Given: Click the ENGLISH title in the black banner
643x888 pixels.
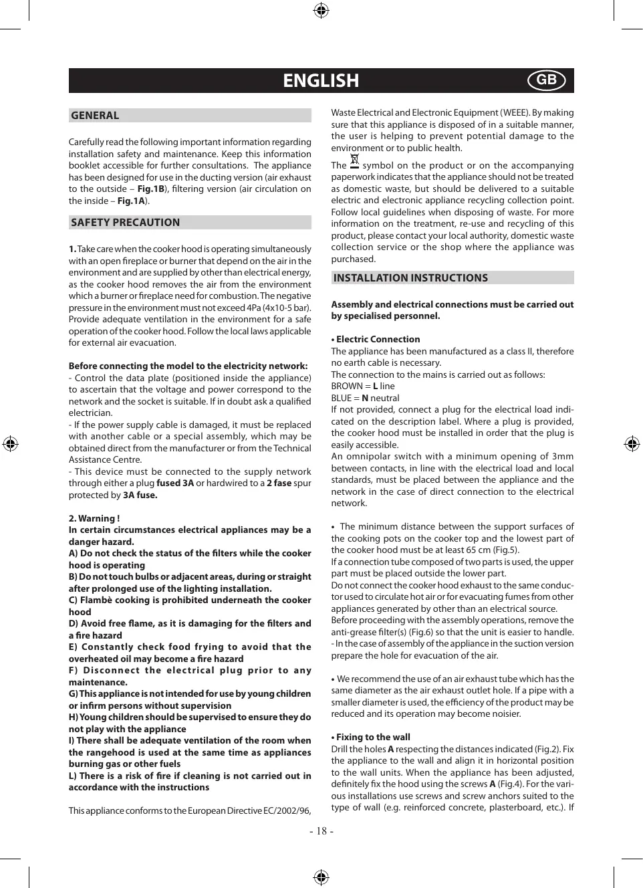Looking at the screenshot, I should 321,81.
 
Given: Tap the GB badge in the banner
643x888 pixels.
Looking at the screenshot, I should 546,80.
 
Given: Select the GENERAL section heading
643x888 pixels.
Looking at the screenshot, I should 95,116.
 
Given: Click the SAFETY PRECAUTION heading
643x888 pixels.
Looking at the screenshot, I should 125,223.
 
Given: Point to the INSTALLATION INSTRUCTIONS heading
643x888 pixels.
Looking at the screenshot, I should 410,278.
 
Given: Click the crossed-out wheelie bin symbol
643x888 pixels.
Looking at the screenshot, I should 354,161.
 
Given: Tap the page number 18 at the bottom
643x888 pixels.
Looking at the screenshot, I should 321,831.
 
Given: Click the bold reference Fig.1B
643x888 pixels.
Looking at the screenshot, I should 151,189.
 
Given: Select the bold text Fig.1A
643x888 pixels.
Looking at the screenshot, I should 131,201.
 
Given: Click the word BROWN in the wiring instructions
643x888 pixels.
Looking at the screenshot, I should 346,386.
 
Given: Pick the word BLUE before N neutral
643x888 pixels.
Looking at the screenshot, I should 341,399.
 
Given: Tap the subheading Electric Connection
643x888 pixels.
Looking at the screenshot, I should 378,340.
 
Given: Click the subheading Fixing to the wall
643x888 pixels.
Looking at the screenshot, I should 373,738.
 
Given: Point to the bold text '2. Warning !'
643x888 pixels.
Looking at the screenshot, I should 94,518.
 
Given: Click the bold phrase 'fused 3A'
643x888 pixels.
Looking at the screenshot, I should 175,483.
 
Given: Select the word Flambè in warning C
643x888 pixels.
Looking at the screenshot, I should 96,600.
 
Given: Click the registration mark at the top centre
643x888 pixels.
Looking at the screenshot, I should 321,10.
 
